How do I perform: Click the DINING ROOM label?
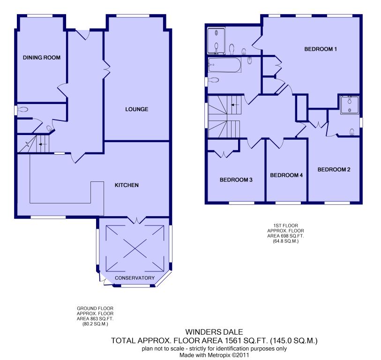[42, 58]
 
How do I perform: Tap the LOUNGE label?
[136, 109]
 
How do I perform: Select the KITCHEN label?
[127, 185]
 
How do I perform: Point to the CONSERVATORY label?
[134, 278]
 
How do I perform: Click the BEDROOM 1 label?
[321, 49]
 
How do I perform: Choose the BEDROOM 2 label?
[334, 170]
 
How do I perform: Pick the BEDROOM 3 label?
[236, 180]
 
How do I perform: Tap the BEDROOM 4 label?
[286, 175]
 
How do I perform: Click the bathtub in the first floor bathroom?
[224, 65]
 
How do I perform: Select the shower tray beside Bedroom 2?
[350, 105]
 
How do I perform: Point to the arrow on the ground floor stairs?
[43, 144]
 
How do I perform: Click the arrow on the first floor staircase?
[235, 105]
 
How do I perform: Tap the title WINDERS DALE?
[214, 332]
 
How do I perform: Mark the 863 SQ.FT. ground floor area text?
[95, 319]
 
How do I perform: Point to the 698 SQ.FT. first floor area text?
[285, 236]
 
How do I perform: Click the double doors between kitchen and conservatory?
[136, 220]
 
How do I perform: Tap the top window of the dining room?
[40, 16]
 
